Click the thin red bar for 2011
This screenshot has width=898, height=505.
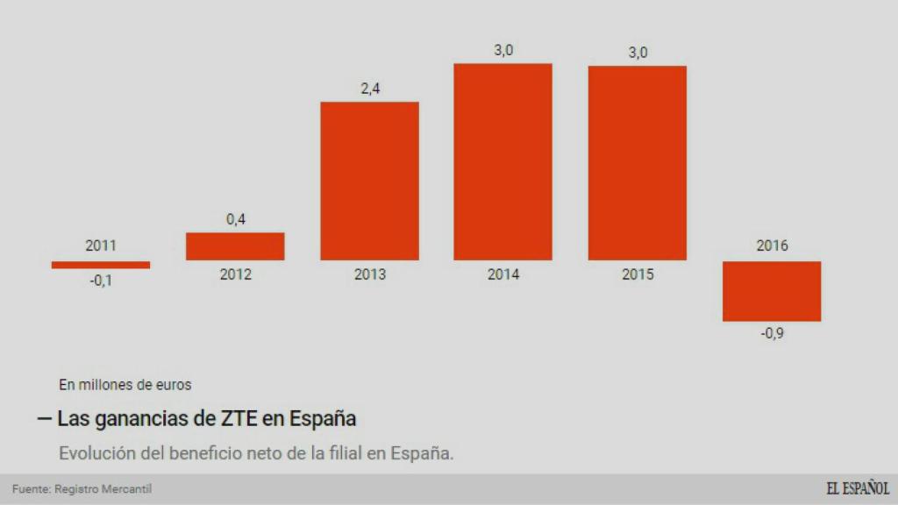pos(101,265)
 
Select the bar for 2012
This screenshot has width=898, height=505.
pos(235,246)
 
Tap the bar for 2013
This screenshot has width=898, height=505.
pos(369,181)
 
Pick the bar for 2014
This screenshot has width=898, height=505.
pos(502,162)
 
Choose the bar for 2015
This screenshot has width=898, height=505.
pos(638,163)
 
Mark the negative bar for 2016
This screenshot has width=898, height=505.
pos(772,291)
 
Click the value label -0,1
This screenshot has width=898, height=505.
pos(101,281)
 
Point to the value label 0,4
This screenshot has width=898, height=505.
pos(235,220)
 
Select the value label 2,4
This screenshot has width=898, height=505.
pos(369,89)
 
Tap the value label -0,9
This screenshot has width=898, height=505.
pos(772,334)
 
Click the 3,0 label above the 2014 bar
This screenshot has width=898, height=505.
pos(503,51)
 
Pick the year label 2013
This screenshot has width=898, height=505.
pos(369,274)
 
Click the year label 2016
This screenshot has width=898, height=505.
pos(772,245)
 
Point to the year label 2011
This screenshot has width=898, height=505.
pos(101,245)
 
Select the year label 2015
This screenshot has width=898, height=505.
pos(638,274)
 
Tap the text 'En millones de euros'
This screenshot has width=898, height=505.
pos(125,384)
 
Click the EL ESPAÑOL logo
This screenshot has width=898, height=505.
pos(857,489)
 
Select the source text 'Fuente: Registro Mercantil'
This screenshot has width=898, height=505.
pos(75,489)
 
